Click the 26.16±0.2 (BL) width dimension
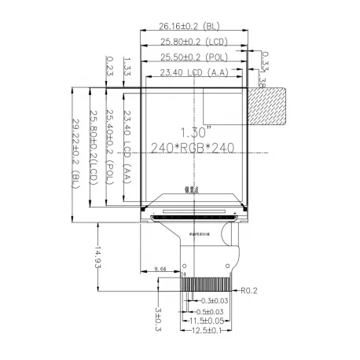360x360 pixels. coord(193,27)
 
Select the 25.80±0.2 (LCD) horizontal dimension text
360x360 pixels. coord(193,42)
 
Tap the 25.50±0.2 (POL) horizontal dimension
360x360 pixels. coord(193,58)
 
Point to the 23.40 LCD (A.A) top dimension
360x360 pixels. coord(193,73)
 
